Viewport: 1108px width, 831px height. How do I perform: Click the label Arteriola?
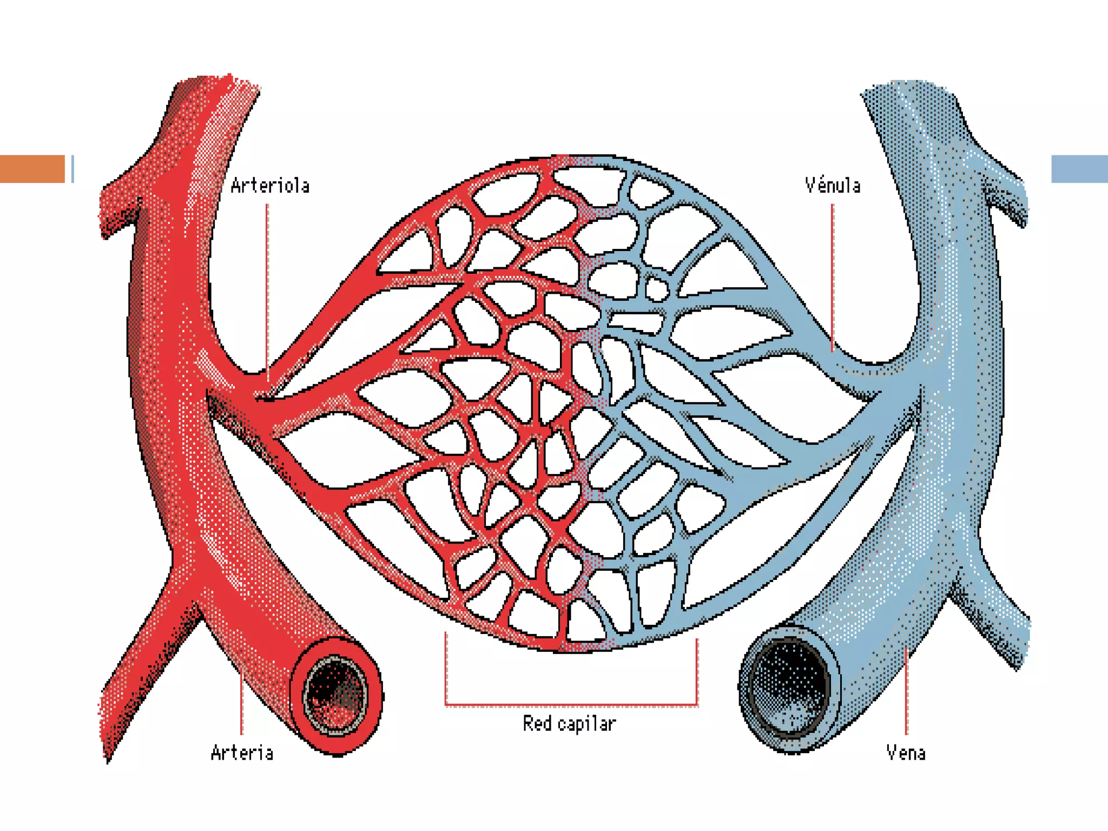(x=270, y=186)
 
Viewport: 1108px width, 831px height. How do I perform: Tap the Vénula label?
(x=832, y=186)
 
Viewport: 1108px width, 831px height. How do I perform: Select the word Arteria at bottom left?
(x=242, y=753)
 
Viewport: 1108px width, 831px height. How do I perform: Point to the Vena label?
(x=906, y=753)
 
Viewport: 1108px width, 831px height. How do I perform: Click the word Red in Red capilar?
(x=536, y=723)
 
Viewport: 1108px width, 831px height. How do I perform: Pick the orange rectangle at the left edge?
(x=32, y=169)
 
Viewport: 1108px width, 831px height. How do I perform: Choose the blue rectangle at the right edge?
(x=1079, y=169)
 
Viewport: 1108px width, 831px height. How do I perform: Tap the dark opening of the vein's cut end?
(x=789, y=688)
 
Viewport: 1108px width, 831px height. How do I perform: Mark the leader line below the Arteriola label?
(x=267, y=287)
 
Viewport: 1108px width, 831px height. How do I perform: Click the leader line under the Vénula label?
(x=832, y=276)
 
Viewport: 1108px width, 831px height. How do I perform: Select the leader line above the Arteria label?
(x=241, y=703)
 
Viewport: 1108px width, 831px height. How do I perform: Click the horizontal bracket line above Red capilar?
(x=571, y=705)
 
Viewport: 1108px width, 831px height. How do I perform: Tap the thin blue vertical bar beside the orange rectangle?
(x=72, y=169)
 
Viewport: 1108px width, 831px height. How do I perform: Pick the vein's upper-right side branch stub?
(x=1006, y=195)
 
